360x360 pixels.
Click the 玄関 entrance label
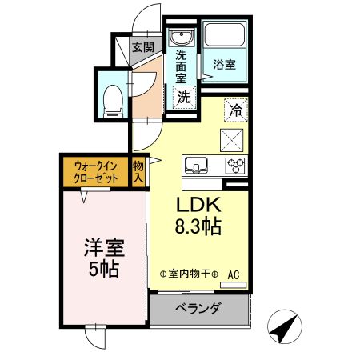tap(143, 47)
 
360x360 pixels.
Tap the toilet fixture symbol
tap(114, 96)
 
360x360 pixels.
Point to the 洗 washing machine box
tap(184, 98)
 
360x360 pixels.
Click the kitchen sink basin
tap(196, 166)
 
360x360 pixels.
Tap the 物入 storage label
tap(138, 172)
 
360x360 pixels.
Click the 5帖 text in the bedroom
tap(104, 270)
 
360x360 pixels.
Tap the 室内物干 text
tap(189, 274)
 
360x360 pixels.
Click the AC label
tap(234, 274)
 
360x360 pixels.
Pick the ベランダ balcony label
tap(198, 309)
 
